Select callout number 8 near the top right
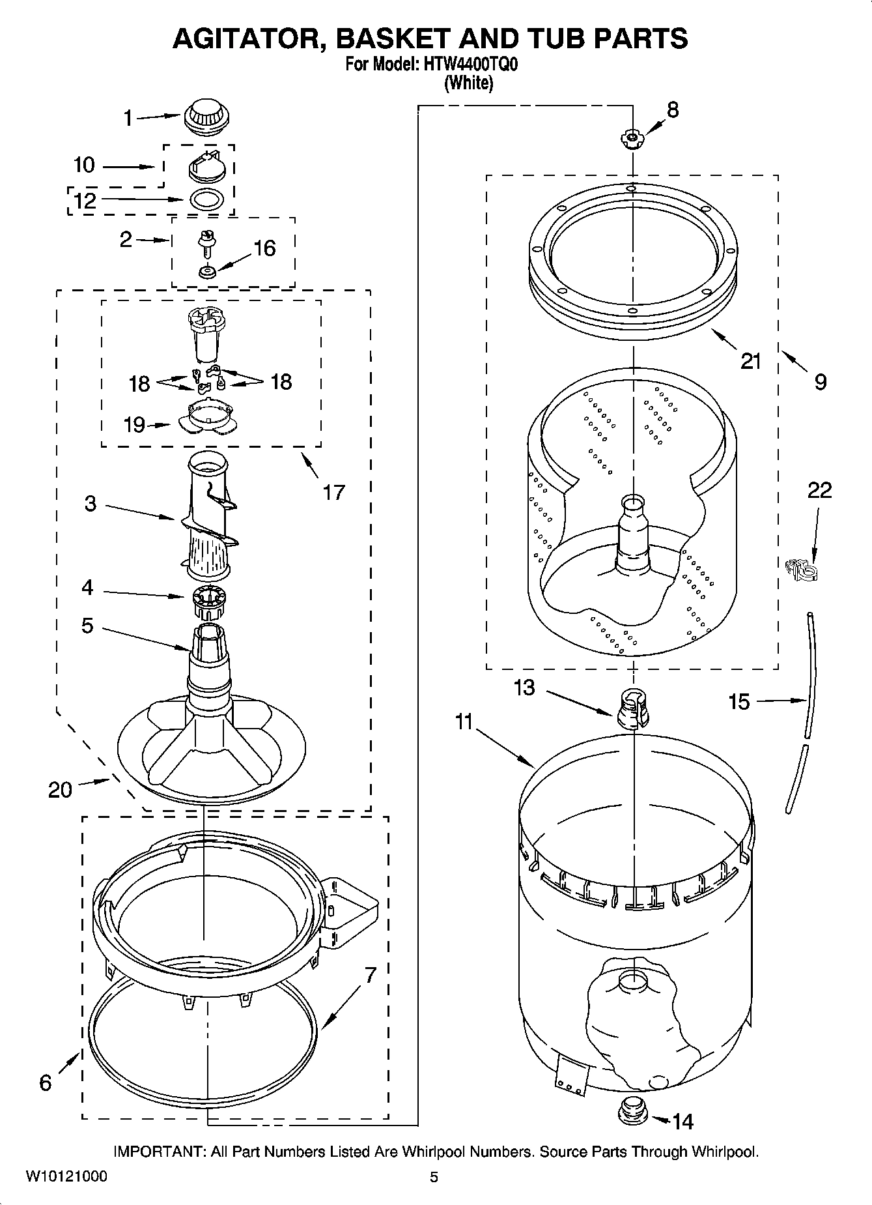[673, 109]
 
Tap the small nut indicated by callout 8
[630, 138]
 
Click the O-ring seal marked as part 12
[208, 199]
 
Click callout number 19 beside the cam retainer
[134, 425]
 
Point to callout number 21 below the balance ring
[751, 360]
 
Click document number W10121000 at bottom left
[66, 1177]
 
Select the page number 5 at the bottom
[434, 1177]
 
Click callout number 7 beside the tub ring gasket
[370, 975]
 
